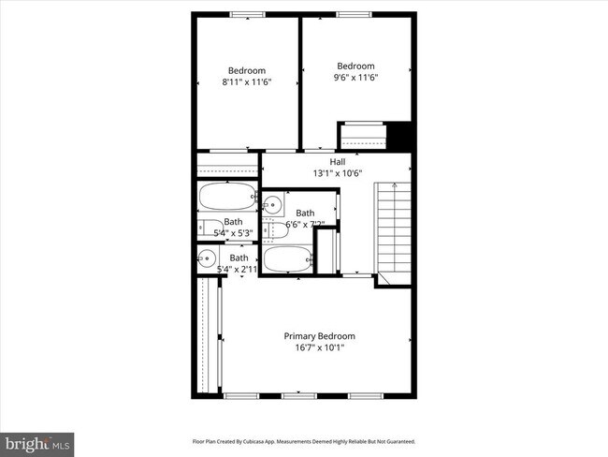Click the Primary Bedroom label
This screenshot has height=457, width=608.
point(319,335)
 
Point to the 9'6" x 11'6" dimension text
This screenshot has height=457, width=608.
point(355,78)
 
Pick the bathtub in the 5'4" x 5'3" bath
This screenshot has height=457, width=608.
point(226,198)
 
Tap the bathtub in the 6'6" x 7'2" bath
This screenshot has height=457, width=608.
point(288,258)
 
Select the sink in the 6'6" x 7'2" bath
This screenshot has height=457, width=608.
point(271,205)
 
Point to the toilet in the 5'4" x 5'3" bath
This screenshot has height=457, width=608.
point(206,228)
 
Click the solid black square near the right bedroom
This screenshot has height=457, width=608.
point(400,136)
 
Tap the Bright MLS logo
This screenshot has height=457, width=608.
point(37,440)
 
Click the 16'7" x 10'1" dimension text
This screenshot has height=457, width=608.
point(319,347)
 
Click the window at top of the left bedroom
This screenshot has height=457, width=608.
point(248,13)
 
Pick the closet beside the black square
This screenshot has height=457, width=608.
point(362,137)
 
